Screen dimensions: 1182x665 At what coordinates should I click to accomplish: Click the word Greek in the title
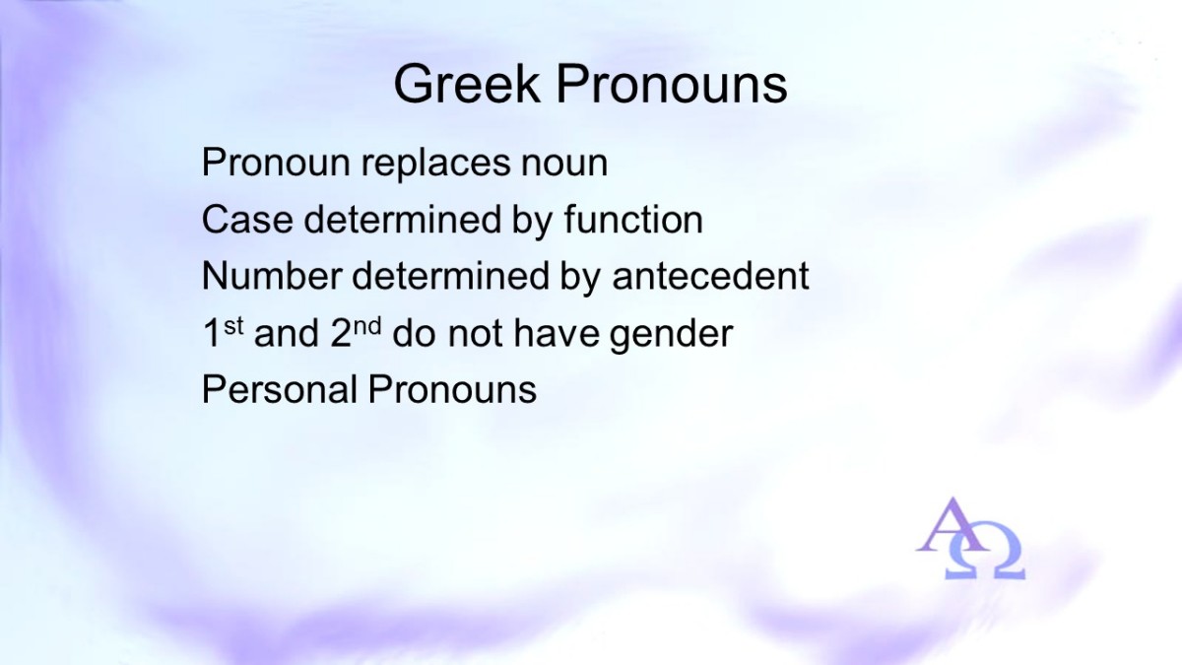[x=467, y=84]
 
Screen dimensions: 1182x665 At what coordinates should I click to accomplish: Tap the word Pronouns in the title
[x=672, y=84]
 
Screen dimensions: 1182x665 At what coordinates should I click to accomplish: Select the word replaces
[x=435, y=165]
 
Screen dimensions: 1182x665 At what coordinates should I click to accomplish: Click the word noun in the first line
[x=564, y=165]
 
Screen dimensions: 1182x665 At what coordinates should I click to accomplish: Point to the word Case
[x=247, y=220]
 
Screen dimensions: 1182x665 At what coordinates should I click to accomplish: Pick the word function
[x=633, y=220]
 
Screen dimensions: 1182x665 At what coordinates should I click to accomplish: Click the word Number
[x=272, y=276]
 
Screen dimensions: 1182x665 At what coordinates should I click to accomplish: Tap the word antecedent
[x=710, y=276]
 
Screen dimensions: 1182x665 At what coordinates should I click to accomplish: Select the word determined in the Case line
[x=402, y=220]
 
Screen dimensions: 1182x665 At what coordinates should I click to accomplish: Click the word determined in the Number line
[x=450, y=276]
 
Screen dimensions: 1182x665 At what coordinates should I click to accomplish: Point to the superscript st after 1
[x=233, y=326]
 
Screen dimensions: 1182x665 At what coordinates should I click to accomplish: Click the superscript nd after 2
[x=366, y=326]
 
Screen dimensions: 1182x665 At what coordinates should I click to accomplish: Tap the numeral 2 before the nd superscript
[x=341, y=333]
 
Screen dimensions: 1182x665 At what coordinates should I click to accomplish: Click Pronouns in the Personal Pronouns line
[x=452, y=389]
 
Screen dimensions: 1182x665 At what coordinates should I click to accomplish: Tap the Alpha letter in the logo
[x=950, y=526]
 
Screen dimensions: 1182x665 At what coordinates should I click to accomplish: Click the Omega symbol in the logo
[x=985, y=551]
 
